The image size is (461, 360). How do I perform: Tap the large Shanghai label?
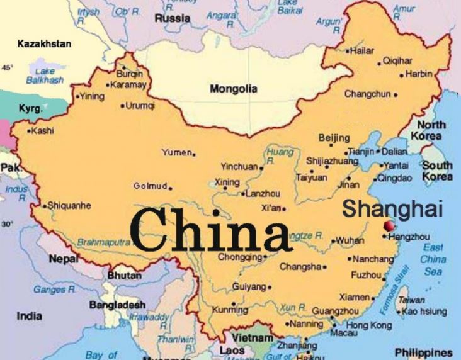coord(392,208)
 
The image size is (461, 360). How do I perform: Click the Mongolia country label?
coord(233,89)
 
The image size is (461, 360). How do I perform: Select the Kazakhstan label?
coord(44,44)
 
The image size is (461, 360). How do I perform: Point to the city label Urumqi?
coord(140,106)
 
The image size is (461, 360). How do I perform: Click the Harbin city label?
coord(419,74)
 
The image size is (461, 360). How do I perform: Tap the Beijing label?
coord(334,138)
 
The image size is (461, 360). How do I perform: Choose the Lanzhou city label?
coord(263,194)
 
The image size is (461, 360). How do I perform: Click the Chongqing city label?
coord(239,257)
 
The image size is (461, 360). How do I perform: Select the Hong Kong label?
coord(368,325)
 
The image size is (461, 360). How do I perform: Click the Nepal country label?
coord(64,258)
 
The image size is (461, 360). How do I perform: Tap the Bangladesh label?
coord(117,305)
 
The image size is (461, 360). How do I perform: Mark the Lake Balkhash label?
coord(45,76)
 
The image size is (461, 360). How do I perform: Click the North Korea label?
coord(430,130)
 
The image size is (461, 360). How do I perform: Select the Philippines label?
coord(423,352)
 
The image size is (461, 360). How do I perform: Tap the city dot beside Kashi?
coord(29,131)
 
